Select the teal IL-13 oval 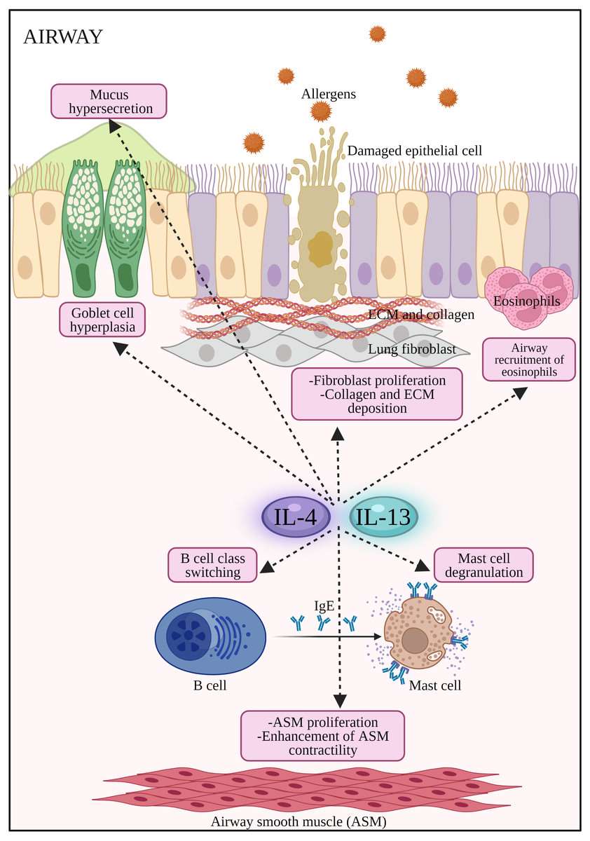coord(383,517)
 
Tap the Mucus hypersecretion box coord(109,101)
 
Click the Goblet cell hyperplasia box coord(102,320)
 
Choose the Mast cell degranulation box coord(483,565)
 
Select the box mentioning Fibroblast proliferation coord(377,393)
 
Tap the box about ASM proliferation coord(322,735)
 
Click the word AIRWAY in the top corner coord(63,37)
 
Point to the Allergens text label coord(328,93)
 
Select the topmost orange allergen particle coord(377,33)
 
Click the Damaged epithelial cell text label coord(415,150)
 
